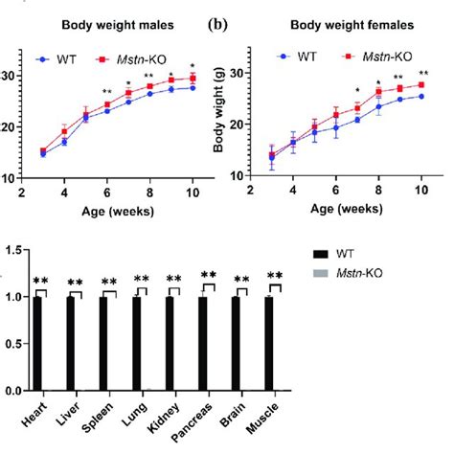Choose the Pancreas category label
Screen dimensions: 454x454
point(194,426)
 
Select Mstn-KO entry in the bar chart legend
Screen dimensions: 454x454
point(378,275)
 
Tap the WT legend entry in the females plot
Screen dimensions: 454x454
point(298,56)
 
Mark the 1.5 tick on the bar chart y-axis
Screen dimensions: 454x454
point(13,250)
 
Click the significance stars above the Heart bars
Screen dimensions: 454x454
point(40,280)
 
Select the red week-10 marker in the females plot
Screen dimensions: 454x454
point(421,85)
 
